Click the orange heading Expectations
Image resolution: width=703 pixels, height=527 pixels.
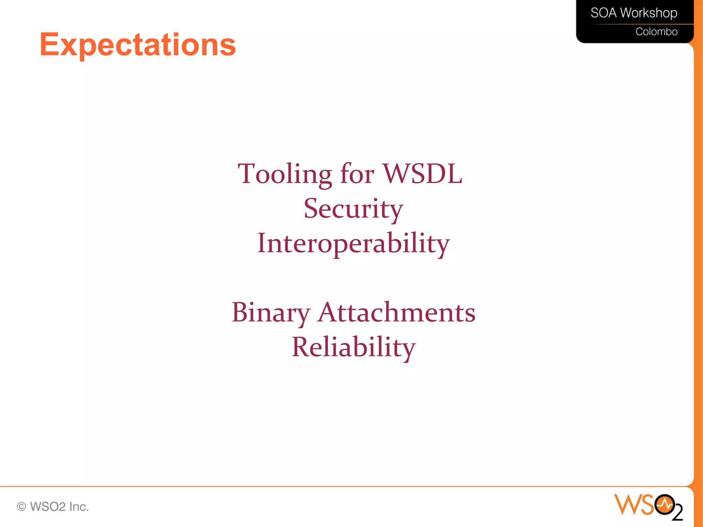138,45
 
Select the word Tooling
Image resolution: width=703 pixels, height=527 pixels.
285,174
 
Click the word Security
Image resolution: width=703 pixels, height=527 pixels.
353,209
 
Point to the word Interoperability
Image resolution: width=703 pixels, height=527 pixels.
354,243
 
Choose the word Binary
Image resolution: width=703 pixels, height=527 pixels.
271,313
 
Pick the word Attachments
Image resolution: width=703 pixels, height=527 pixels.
396,312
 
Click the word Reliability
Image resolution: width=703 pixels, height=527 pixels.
354,347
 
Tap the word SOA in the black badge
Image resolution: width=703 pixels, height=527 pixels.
603,13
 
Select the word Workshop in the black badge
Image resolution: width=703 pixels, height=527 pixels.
649,13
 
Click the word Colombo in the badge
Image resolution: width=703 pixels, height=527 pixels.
656,32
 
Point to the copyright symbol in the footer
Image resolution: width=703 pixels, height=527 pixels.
21,507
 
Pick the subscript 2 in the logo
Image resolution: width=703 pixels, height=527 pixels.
678,514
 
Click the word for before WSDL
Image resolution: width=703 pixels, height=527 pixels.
357,174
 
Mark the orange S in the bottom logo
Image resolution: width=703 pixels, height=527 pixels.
647,505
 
